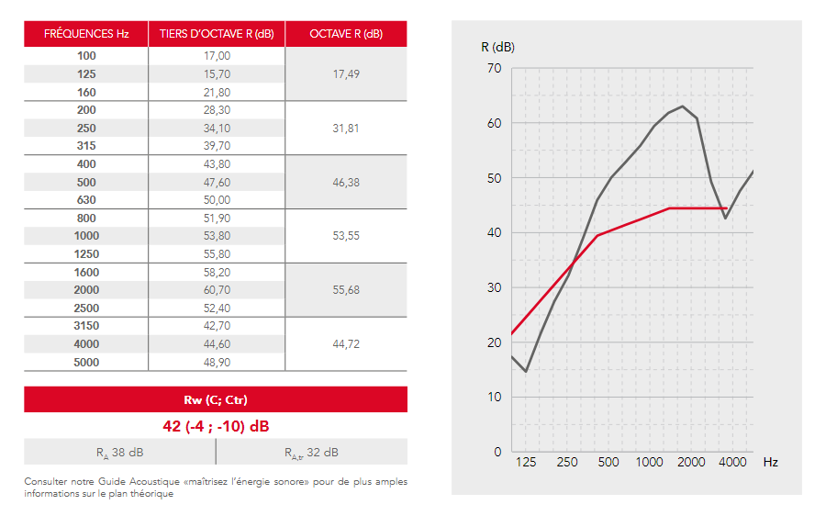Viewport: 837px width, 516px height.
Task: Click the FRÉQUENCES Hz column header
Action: (x=86, y=34)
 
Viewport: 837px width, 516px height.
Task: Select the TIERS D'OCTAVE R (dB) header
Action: (x=217, y=34)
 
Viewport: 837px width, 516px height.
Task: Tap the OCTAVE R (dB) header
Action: (x=346, y=34)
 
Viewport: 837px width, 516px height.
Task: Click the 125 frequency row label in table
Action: (x=86, y=73)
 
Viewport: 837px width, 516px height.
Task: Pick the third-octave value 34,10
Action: (x=217, y=129)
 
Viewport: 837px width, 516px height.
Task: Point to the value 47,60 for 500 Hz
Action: (x=217, y=183)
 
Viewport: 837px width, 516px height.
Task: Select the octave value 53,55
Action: (x=346, y=236)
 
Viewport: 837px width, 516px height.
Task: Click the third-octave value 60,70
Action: (x=217, y=290)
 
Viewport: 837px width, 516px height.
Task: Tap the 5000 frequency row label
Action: (x=86, y=363)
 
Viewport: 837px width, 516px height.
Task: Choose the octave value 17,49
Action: (x=346, y=73)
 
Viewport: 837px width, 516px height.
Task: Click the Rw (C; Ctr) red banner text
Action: (x=216, y=399)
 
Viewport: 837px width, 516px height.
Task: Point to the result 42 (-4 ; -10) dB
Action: (x=216, y=426)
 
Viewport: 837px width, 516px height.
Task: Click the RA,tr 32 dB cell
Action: (x=311, y=453)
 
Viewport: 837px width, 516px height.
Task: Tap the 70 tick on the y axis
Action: (x=494, y=68)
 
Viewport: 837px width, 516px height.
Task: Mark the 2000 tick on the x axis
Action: (x=691, y=462)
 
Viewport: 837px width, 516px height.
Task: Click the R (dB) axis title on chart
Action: (x=497, y=47)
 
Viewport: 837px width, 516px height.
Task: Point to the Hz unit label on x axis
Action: (x=770, y=462)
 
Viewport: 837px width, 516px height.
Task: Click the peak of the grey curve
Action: (x=682, y=107)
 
